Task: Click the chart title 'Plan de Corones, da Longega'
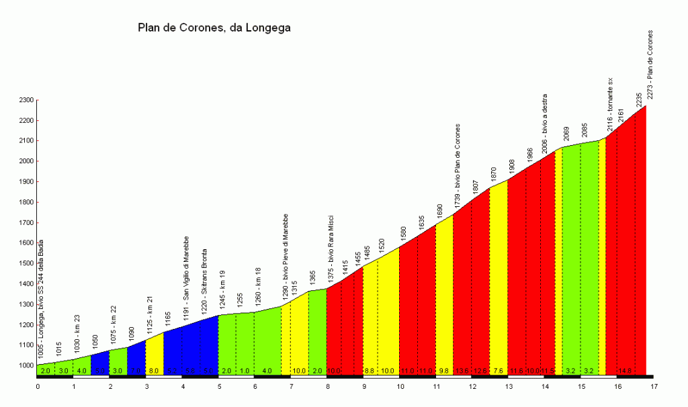click(214, 28)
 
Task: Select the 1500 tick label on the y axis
click(25, 264)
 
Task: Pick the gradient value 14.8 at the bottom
click(624, 371)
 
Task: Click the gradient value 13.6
click(462, 371)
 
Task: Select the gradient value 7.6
click(498, 371)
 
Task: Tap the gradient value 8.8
click(370, 371)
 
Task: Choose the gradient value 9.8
click(444, 371)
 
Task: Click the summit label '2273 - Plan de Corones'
click(650, 64)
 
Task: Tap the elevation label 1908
click(512, 168)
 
